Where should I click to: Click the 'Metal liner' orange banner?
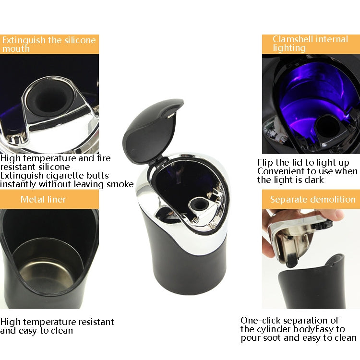coord(49,199)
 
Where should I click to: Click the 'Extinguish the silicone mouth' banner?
coord(49,44)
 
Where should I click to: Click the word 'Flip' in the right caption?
coord(265,163)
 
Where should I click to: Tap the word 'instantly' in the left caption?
coord(19,184)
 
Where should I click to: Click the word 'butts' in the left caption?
coord(98,175)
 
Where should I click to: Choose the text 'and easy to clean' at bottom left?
coord(36,330)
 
